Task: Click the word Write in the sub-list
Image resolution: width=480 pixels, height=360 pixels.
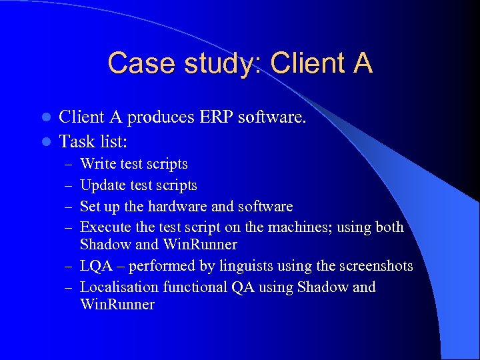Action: (x=97, y=164)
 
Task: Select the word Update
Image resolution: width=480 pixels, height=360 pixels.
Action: (x=102, y=185)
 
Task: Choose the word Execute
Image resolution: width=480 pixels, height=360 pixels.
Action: (x=104, y=227)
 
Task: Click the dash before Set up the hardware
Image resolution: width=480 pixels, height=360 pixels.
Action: (x=69, y=207)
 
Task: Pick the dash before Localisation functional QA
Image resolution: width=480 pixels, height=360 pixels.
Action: (x=69, y=288)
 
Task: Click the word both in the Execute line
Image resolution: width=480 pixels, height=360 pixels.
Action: (x=389, y=227)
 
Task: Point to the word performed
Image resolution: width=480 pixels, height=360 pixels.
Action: (x=159, y=266)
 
